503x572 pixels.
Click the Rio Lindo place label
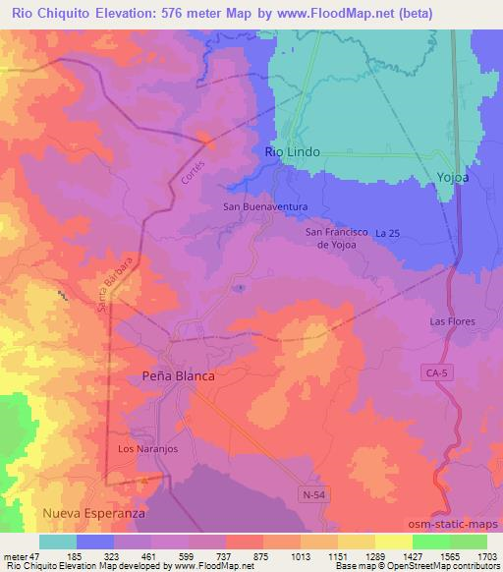point(293,153)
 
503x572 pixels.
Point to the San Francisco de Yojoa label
point(337,238)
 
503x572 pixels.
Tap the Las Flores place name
point(453,321)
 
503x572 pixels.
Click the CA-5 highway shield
point(437,372)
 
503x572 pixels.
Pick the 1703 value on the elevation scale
point(475,555)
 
